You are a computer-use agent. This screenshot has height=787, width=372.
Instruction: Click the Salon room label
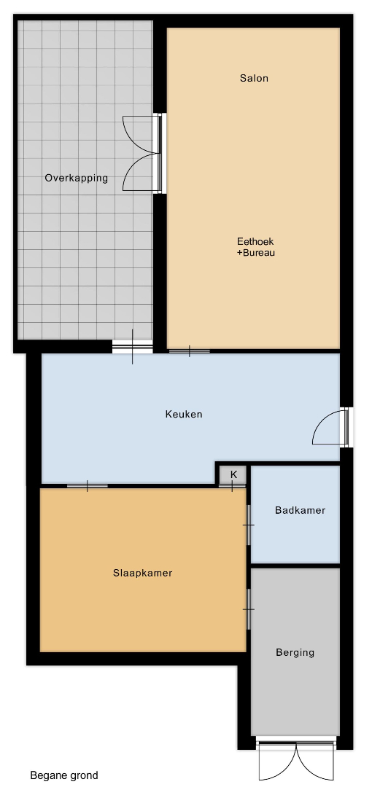[x=254, y=78]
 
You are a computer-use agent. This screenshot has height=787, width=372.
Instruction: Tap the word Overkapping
[x=77, y=179]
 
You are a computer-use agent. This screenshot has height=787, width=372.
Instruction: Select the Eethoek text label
[x=256, y=241]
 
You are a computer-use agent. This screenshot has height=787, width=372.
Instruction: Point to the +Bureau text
[x=256, y=253]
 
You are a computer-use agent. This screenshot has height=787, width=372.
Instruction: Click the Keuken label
[x=184, y=415]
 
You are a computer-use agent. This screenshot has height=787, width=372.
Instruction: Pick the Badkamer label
[x=300, y=510]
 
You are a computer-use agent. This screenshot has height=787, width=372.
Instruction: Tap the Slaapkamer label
[x=143, y=573]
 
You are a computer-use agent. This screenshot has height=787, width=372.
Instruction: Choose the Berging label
[x=295, y=652]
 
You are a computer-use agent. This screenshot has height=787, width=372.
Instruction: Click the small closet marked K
[x=233, y=475]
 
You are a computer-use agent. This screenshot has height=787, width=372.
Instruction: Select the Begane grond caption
[x=64, y=775]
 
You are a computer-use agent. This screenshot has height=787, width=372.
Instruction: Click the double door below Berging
[x=297, y=759]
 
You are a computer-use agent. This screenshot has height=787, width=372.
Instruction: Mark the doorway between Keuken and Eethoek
[x=190, y=351]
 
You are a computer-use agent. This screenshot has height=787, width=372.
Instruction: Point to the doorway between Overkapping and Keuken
[x=132, y=347]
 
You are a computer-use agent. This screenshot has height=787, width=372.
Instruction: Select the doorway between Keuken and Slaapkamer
[x=88, y=486]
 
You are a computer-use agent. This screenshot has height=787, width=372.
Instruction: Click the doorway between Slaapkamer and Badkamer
[x=248, y=525]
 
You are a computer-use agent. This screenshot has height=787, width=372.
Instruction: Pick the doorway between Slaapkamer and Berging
[x=248, y=609]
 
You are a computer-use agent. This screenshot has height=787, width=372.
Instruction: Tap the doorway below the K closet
[x=232, y=486]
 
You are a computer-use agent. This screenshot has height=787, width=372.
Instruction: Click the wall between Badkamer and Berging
[x=295, y=565]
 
